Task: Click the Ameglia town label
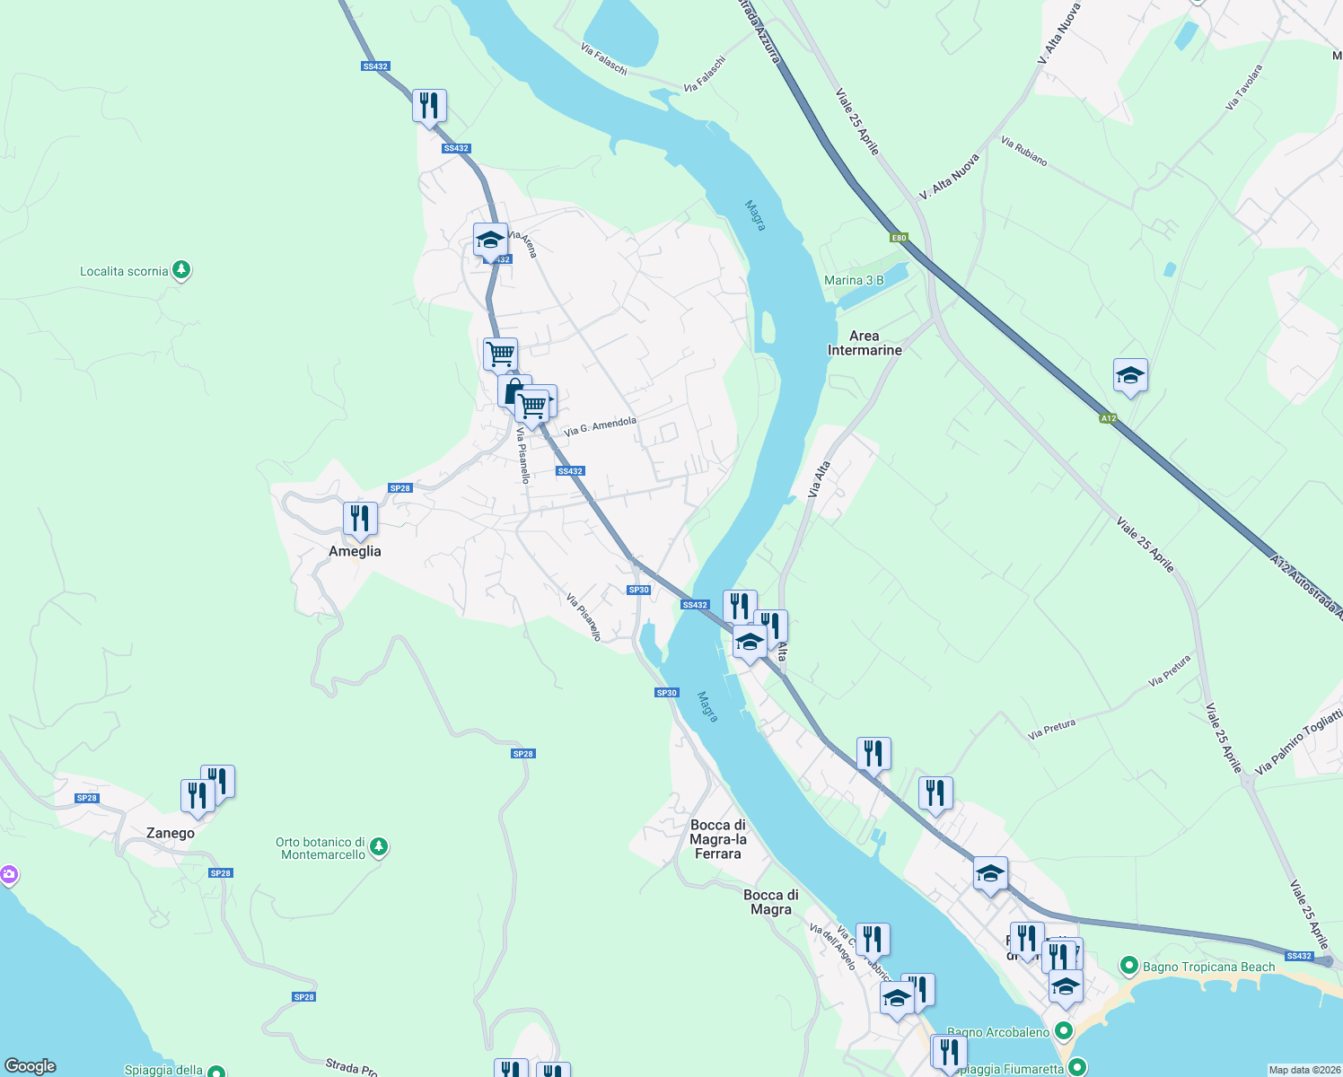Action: point(355,551)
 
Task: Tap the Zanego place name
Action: point(171,833)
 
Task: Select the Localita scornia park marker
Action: point(181,270)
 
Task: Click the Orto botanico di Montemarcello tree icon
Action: point(379,846)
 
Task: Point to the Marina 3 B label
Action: point(854,280)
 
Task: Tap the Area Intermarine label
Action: point(865,343)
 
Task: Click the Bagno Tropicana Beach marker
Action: point(1129,967)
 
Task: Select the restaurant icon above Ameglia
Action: point(360,519)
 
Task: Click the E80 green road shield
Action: point(899,238)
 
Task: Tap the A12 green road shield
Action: point(1109,418)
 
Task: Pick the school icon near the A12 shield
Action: point(1130,376)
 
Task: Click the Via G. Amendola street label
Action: point(600,425)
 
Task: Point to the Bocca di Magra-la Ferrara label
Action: point(718,839)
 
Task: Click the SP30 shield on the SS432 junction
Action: point(638,590)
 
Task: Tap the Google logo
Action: point(31,1066)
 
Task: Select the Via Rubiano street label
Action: point(1023,151)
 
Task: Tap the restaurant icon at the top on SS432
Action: point(429,106)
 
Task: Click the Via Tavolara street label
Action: point(1243,87)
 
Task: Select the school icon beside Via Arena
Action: point(490,241)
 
